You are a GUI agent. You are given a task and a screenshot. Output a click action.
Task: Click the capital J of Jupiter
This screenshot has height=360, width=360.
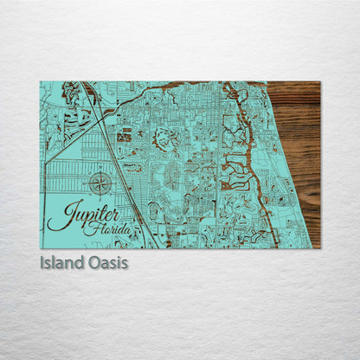click(56, 215)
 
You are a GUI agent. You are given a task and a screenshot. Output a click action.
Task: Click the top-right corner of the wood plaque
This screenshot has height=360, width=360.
click(319, 82)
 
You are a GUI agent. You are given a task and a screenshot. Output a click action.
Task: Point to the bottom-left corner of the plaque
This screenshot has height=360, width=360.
click(41, 247)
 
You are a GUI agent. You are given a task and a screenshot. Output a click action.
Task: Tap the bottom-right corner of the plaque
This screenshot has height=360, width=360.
click(319, 247)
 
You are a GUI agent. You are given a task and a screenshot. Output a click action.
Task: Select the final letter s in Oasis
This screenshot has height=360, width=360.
click(124, 262)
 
